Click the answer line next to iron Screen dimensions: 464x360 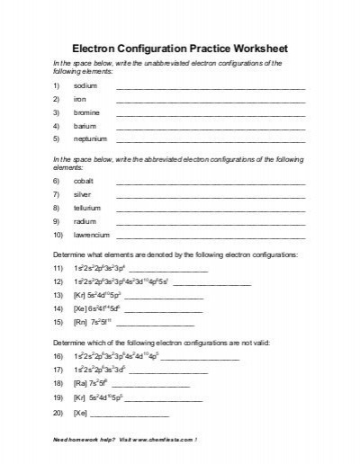click(211, 101)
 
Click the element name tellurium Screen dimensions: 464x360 click(86, 208)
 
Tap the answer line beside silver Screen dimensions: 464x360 click(211, 196)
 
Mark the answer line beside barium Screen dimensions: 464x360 click(211, 128)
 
